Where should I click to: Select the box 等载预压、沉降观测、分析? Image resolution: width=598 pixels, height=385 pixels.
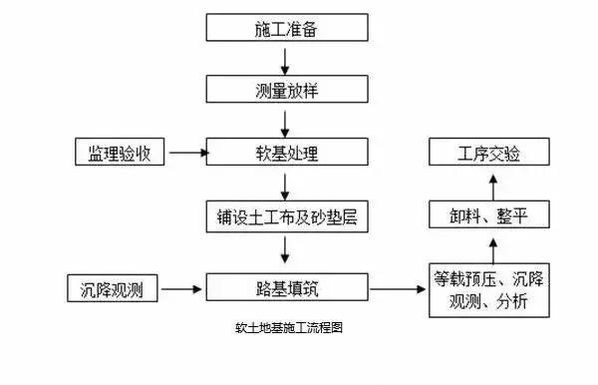pos(488,289)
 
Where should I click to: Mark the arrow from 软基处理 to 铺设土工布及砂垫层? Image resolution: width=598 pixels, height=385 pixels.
pos(287,185)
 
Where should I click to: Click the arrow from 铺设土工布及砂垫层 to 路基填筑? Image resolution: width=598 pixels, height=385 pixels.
pos(287,251)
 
